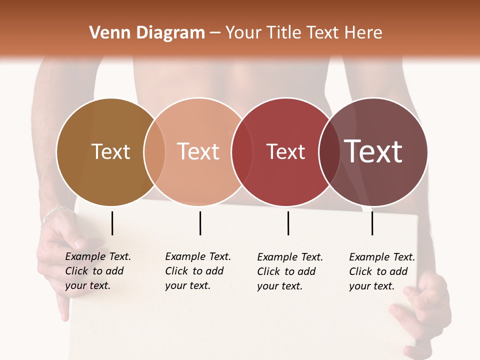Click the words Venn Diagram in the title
pyautogui.click(x=147, y=33)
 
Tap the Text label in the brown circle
pyautogui.click(x=110, y=151)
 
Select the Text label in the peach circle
pyautogui.click(x=198, y=151)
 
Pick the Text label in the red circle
pyautogui.click(x=285, y=151)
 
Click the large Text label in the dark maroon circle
pyautogui.click(x=373, y=151)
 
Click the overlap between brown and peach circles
pyautogui.click(x=154, y=151)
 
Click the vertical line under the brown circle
pyautogui.click(x=112, y=223)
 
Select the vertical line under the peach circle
pyautogui.click(x=200, y=223)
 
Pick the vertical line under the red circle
pyautogui.click(x=288, y=223)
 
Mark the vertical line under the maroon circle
pyautogui.click(x=372, y=223)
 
